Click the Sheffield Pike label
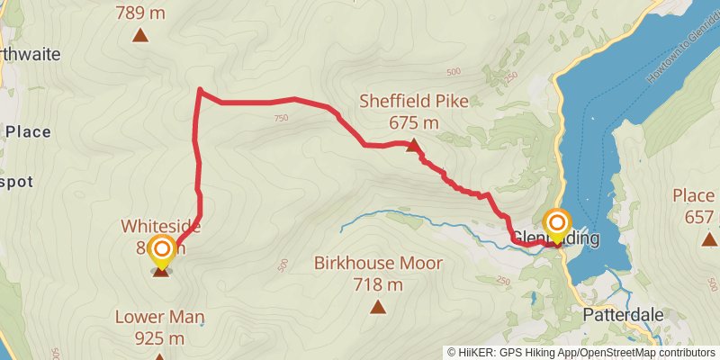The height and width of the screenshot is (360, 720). tap(414, 102)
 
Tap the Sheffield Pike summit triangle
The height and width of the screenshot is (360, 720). tap(413, 145)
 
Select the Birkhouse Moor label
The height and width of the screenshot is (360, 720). tap(378, 264)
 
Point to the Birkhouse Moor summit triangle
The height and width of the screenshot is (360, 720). tap(378, 307)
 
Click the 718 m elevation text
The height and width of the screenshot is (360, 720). tap(378, 285)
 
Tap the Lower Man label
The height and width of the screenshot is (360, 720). tap(160, 317)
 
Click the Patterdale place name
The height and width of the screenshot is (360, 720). tap(623, 316)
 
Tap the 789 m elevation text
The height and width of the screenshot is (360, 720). tap(140, 13)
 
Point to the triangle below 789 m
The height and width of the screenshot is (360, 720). tap(140, 35)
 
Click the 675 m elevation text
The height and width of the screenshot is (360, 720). tap(414, 123)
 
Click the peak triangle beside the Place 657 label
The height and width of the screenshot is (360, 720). tap(709, 238)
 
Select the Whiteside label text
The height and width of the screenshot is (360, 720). tap(162, 227)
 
